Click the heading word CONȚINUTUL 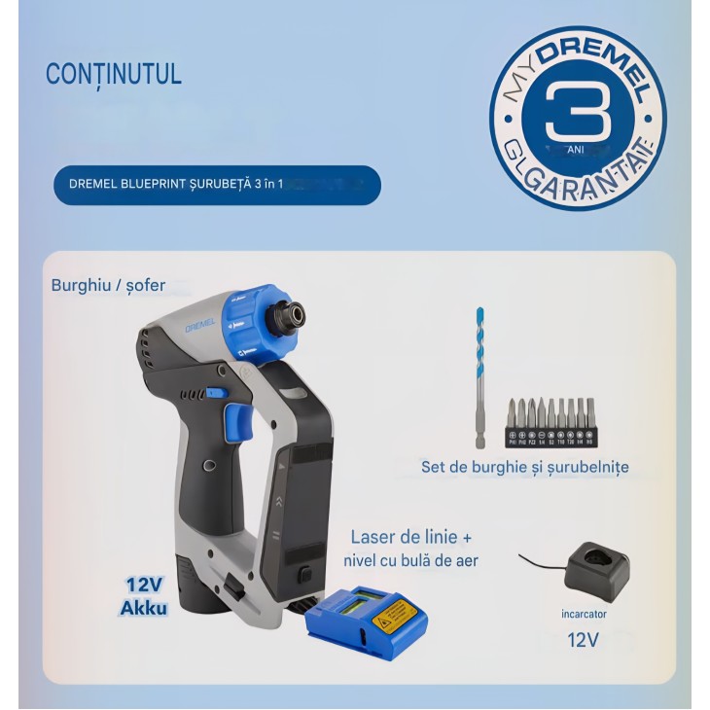tap(113, 75)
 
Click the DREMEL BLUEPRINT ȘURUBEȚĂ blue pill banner tap(217, 184)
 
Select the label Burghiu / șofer tap(108, 286)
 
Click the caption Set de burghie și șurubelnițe tap(524, 467)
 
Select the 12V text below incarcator tap(583, 640)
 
